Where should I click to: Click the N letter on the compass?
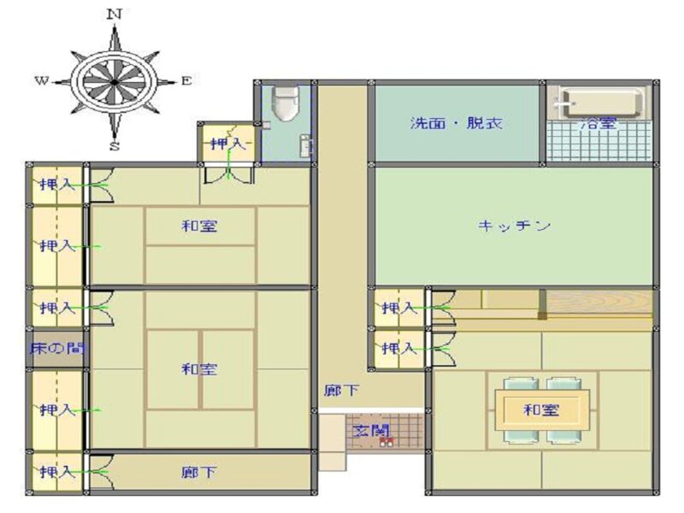coord(115,15)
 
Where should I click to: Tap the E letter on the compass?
coord(186,80)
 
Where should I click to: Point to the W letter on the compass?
coord(41,80)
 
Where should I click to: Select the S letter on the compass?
coord(115,146)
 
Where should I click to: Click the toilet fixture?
coord(286,103)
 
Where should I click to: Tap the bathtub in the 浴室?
coord(600,103)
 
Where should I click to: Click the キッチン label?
coord(514,226)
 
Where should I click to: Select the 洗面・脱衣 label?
coord(456,123)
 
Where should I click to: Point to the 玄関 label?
coord(370,431)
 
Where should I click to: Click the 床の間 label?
coord(57,348)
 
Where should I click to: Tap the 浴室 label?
coord(598,123)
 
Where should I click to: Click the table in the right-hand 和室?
coord(542,410)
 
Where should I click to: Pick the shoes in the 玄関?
coord(386,442)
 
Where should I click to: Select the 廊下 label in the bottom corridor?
coord(199,473)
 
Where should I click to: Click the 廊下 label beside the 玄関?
coord(341,390)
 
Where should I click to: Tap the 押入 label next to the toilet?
coord(228,143)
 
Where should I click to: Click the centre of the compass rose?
coord(115,81)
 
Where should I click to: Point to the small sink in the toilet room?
coord(306,145)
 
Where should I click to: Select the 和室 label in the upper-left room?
coord(199,226)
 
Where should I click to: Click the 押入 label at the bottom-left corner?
coord(57,472)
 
